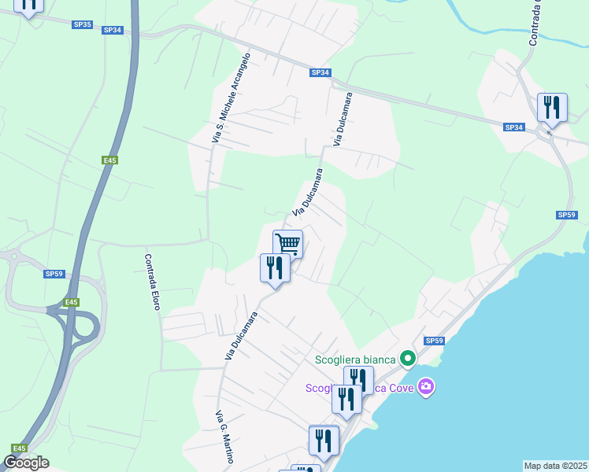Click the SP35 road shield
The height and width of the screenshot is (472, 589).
pyautogui.click(x=82, y=24)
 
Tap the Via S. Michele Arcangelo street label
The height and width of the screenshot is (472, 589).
pyautogui.click(x=232, y=98)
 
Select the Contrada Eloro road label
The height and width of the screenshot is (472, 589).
pyautogui.click(x=152, y=281)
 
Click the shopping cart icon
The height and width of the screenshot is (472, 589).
pyautogui.click(x=288, y=244)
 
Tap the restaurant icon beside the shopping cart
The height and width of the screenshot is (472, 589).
pyautogui.click(x=274, y=267)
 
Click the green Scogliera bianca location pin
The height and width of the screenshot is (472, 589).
pyautogui.click(x=407, y=360)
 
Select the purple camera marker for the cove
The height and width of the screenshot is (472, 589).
pyautogui.click(x=426, y=386)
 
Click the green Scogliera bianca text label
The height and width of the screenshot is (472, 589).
pyautogui.click(x=356, y=360)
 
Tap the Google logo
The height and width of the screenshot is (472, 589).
pyautogui.click(x=26, y=463)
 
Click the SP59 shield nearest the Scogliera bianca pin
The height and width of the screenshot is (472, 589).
pyautogui.click(x=434, y=341)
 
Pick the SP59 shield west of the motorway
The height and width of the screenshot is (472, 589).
pyautogui.click(x=54, y=274)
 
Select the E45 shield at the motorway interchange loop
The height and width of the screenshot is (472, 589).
pyautogui.click(x=72, y=302)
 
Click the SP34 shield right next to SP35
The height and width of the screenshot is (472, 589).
pyautogui.click(x=113, y=30)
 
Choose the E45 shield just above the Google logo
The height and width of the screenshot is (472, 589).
pyautogui.click(x=17, y=448)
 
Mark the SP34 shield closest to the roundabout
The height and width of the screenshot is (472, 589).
pyautogui.click(x=513, y=127)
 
